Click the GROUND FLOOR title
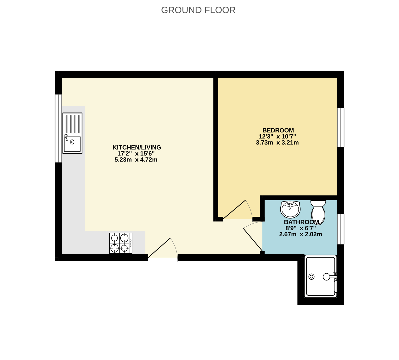click(x=198, y=10)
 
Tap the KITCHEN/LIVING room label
click(x=137, y=147)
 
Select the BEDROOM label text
click(x=278, y=130)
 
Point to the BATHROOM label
click(x=301, y=222)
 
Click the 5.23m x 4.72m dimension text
click(x=136, y=160)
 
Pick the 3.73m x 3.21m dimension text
click(x=277, y=143)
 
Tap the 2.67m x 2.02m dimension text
click(x=301, y=234)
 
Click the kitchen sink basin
click(x=72, y=144)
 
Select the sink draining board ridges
click(x=72, y=124)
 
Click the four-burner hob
click(x=121, y=243)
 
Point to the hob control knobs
click(x=131, y=243)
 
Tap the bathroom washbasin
click(x=290, y=209)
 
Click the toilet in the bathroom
click(x=318, y=213)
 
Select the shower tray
click(x=321, y=276)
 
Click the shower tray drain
click(x=311, y=277)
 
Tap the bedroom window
click(x=341, y=127)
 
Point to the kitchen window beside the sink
click(x=58, y=128)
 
